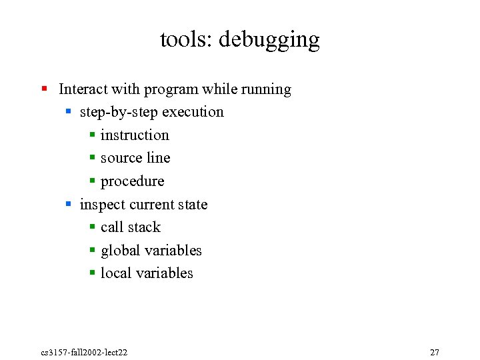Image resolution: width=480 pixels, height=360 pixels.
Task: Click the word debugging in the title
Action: (x=269, y=40)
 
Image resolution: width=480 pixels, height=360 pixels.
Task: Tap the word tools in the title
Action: (x=183, y=40)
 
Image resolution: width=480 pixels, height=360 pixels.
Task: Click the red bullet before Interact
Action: (x=44, y=89)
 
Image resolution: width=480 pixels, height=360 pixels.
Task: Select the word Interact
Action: (x=83, y=89)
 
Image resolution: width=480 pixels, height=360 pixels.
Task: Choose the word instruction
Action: (x=135, y=135)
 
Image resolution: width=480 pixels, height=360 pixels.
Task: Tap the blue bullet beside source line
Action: (x=93, y=159)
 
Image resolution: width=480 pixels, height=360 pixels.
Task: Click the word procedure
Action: (x=132, y=181)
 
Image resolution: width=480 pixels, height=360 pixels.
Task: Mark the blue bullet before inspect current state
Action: (x=69, y=205)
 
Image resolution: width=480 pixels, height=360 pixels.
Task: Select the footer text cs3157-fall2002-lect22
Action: (x=84, y=352)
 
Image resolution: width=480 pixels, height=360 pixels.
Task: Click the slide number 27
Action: (x=435, y=352)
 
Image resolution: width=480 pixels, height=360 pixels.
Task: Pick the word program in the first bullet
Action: (x=170, y=90)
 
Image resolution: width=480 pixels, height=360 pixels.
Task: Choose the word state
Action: (x=193, y=205)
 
